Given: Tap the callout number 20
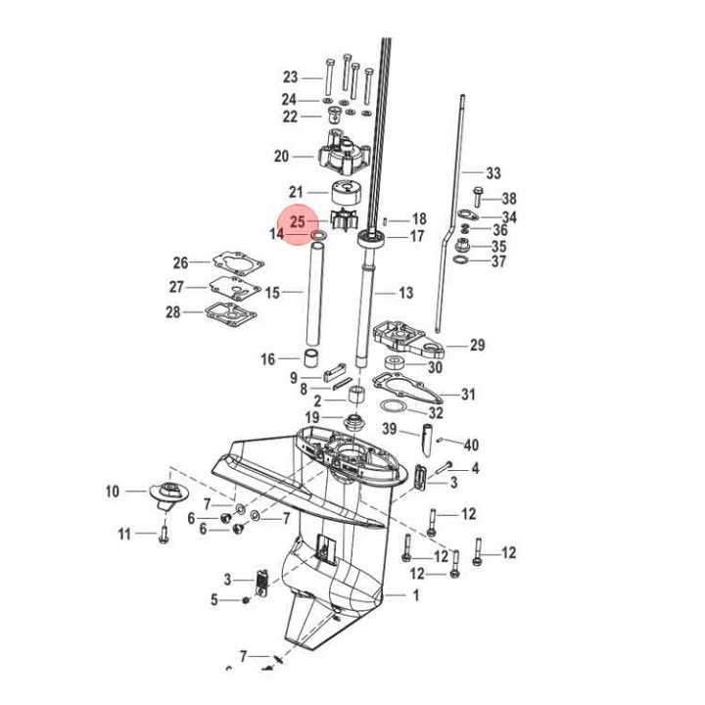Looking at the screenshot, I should (x=281, y=156).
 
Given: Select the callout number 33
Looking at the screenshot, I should (x=493, y=173).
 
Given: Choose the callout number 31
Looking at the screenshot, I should (x=468, y=395).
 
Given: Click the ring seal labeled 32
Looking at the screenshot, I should (x=394, y=407).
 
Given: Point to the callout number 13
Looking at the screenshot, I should (x=405, y=293).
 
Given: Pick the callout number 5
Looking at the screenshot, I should (x=214, y=599).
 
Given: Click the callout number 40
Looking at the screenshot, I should (x=471, y=445).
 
